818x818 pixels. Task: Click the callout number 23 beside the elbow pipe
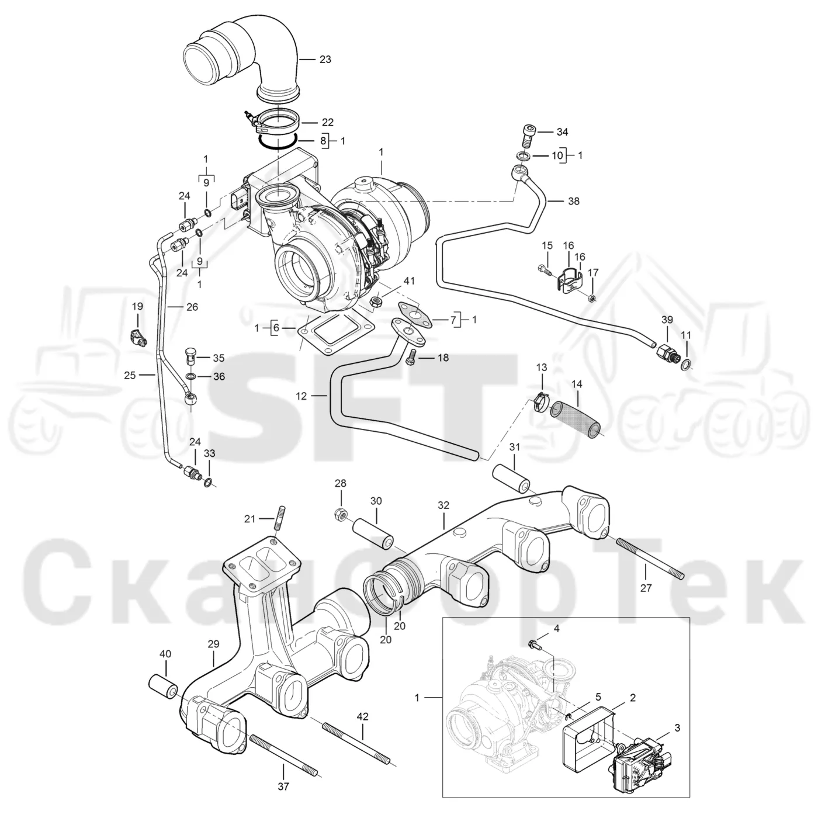[x=325, y=60]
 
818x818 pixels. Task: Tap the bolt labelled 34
[x=526, y=136]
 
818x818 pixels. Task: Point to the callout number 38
[x=574, y=201]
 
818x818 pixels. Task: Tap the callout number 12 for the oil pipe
[x=301, y=397]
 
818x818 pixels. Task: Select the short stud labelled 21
[x=280, y=518]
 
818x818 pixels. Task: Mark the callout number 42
[x=362, y=717]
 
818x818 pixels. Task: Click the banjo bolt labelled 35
[x=191, y=356]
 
